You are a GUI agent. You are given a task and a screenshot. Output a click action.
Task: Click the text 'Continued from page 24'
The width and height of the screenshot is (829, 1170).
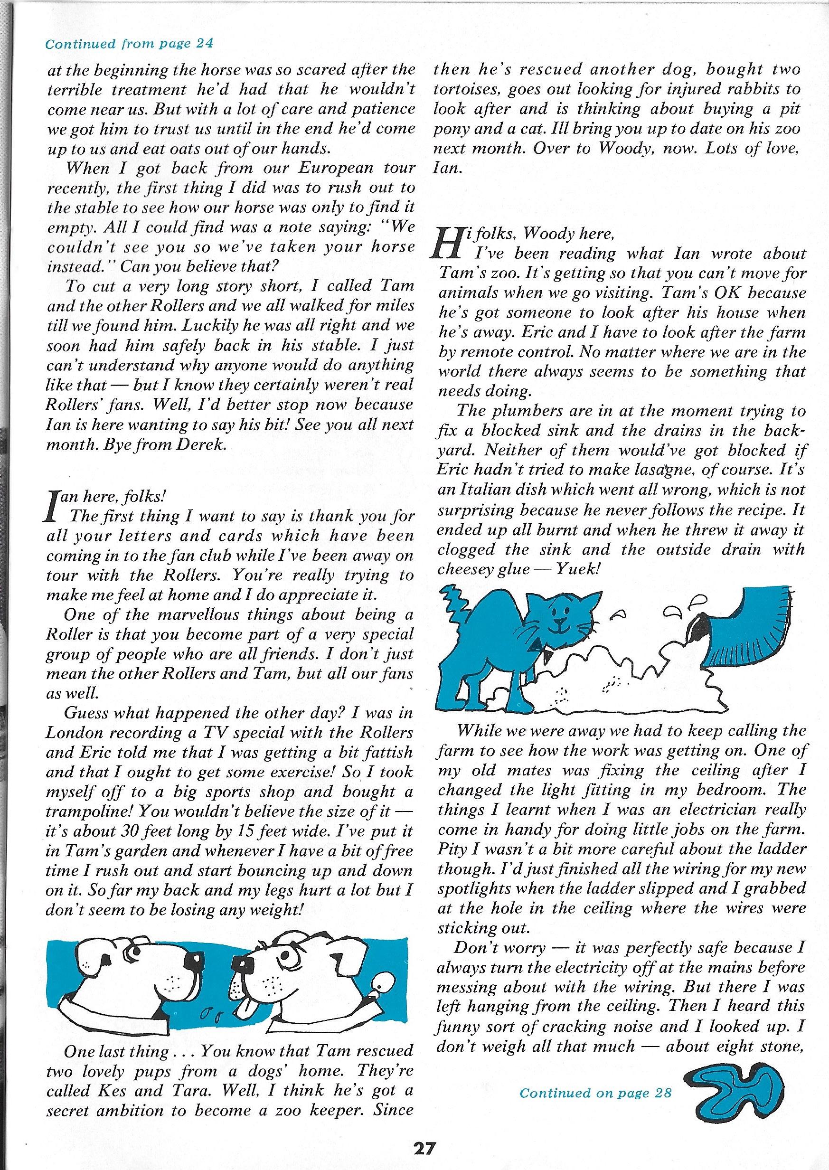129,43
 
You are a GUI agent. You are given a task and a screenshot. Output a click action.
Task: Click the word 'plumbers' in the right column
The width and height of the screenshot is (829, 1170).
529,410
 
